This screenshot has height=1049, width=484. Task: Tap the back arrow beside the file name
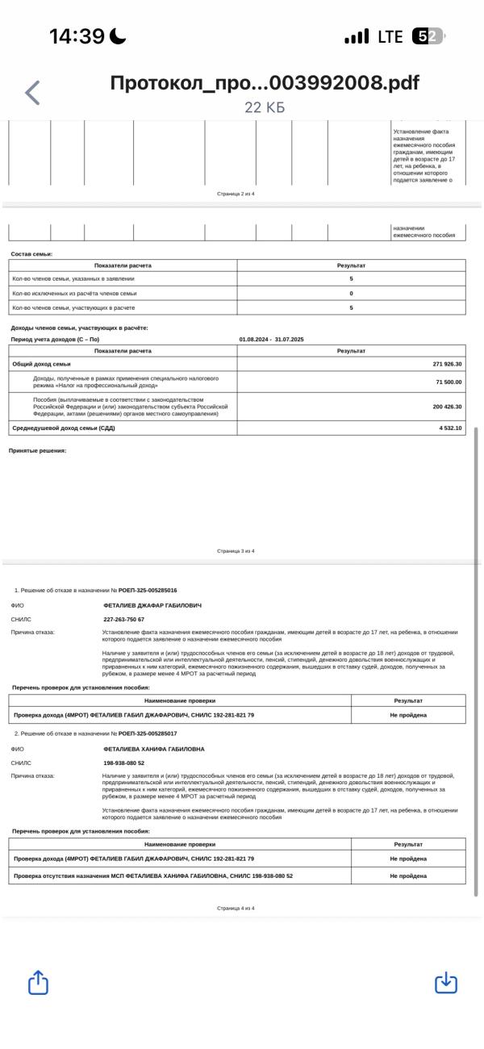[x=32, y=94]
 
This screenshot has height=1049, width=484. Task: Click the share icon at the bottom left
[x=38, y=984]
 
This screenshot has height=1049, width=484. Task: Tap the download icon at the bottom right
[x=445, y=984]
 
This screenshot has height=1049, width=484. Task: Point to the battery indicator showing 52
[x=427, y=37]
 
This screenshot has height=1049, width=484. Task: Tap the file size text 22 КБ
[x=265, y=108]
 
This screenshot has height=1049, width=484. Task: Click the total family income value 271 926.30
[x=448, y=364]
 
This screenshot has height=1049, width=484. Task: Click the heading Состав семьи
[x=31, y=254]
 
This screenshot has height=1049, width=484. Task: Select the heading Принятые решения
[x=37, y=450]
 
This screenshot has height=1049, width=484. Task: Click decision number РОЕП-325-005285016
[x=148, y=590]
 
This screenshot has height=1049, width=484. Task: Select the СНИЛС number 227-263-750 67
[x=124, y=619]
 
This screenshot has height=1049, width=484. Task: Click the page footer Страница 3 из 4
[x=236, y=550]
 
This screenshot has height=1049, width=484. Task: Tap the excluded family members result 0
[x=351, y=293]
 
